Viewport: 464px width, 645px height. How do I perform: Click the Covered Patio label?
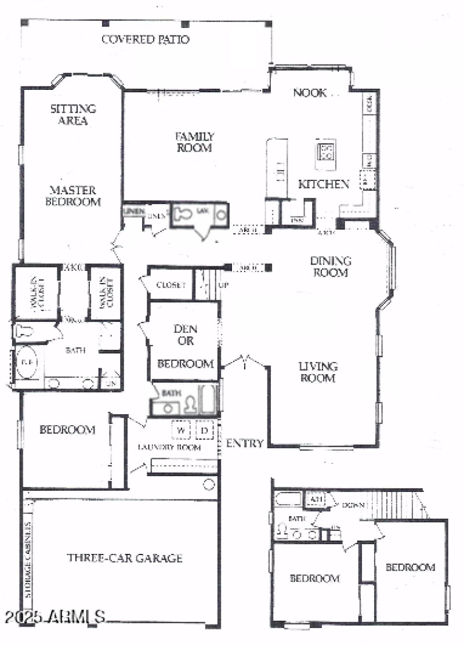(x=146, y=39)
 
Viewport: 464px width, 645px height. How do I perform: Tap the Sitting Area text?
(x=72, y=114)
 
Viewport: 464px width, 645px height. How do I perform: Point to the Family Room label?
(x=194, y=142)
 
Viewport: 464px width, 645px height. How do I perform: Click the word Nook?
(x=310, y=92)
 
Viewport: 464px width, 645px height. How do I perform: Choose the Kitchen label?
(x=324, y=184)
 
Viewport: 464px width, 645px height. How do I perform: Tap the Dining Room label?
(x=331, y=266)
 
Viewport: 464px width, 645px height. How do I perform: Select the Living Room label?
(x=318, y=372)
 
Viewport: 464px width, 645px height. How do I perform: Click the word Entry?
(x=245, y=443)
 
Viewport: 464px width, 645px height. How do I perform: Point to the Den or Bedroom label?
(x=185, y=346)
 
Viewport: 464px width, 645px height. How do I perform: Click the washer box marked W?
(x=181, y=430)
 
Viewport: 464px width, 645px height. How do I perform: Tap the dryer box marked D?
(x=205, y=430)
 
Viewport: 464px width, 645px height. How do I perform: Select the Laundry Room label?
(x=169, y=447)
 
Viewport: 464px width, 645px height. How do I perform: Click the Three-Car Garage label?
(x=125, y=558)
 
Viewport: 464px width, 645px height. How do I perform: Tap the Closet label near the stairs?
(x=171, y=285)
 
